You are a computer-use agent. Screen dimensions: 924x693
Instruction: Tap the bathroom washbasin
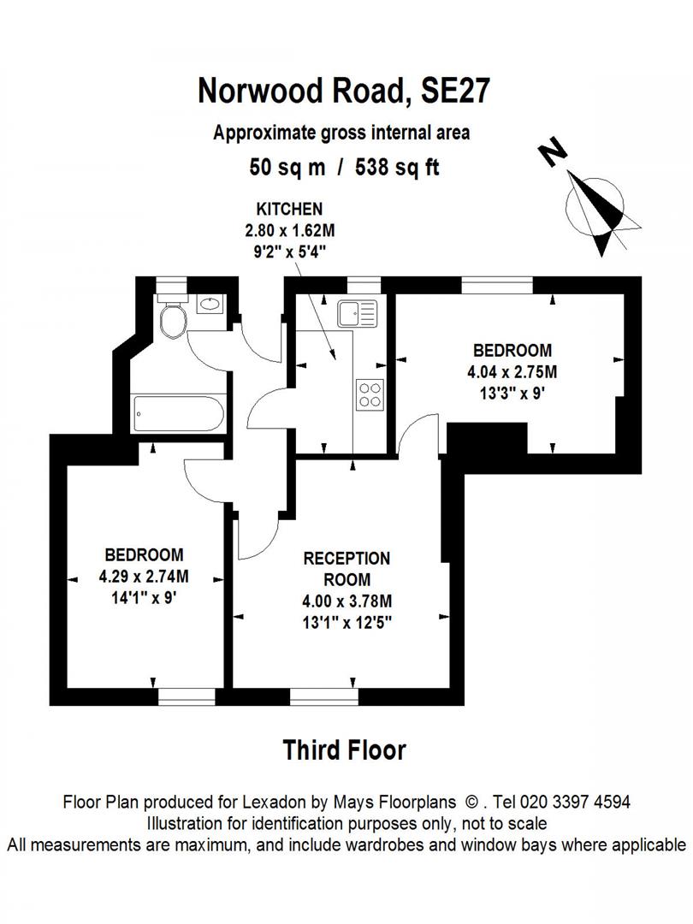tap(208, 303)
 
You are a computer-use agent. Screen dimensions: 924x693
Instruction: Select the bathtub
tap(179, 414)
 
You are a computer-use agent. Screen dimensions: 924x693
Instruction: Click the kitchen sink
tap(357, 313)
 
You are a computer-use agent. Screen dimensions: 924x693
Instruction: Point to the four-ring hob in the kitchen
tap(370, 394)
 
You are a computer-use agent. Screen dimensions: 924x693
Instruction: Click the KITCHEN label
tap(290, 209)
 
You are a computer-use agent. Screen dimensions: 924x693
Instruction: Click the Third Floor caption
tap(344, 750)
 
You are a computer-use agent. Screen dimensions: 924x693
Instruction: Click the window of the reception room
tap(323, 696)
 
